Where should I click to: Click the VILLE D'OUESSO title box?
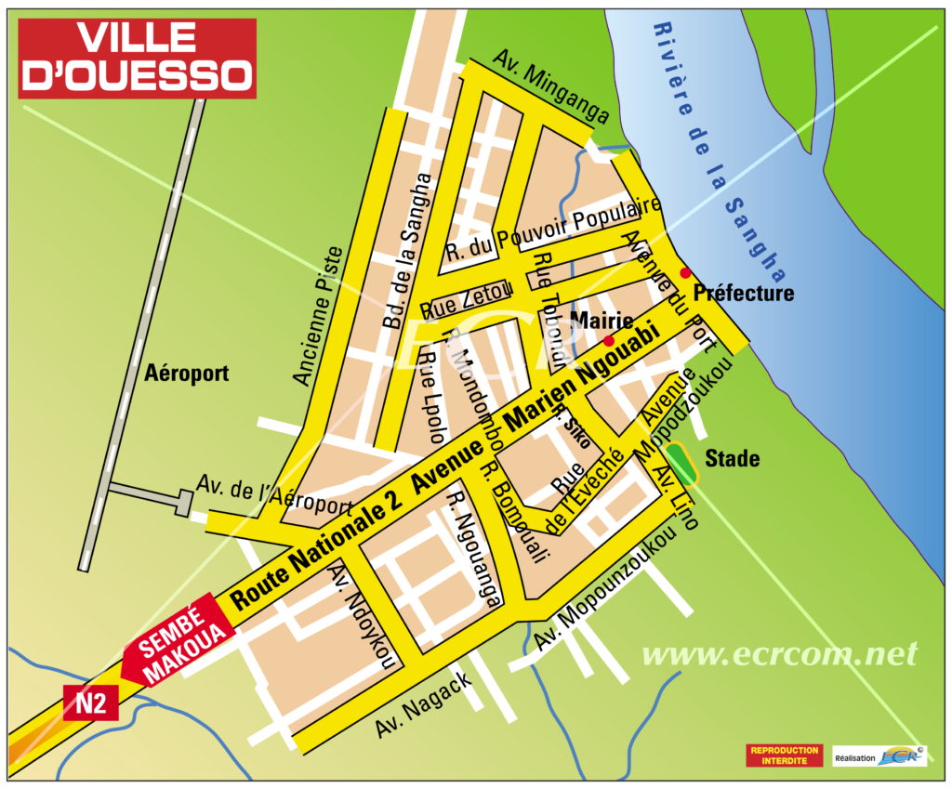pyautogui.click(x=138, y=58)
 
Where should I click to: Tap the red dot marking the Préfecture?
pyautogui.click(x=685, y=272)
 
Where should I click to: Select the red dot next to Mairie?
pyautogui.click(x=607, y=340)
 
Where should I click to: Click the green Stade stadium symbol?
pyautogui.click(x=682, y=464)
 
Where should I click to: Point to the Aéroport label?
pyautogui.click(x=186, y=374)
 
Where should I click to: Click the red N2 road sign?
pyautogui.click(x=90, y=703)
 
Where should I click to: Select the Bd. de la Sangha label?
pyautogui.click(x=407, y=252)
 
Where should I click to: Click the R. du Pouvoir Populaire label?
pyautogui.click(x=552, y=228)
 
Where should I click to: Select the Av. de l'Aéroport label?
pyautogui.click(x=274, y=495)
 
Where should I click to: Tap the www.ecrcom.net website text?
pyautogui.click(x=779, y=654)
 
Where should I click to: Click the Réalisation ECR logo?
pyautogui.click(x=879, y=756)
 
